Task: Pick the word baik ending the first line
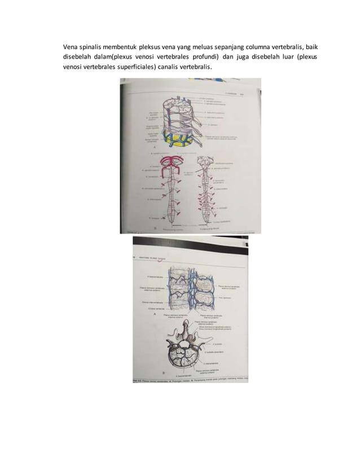(x=317, y=46)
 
